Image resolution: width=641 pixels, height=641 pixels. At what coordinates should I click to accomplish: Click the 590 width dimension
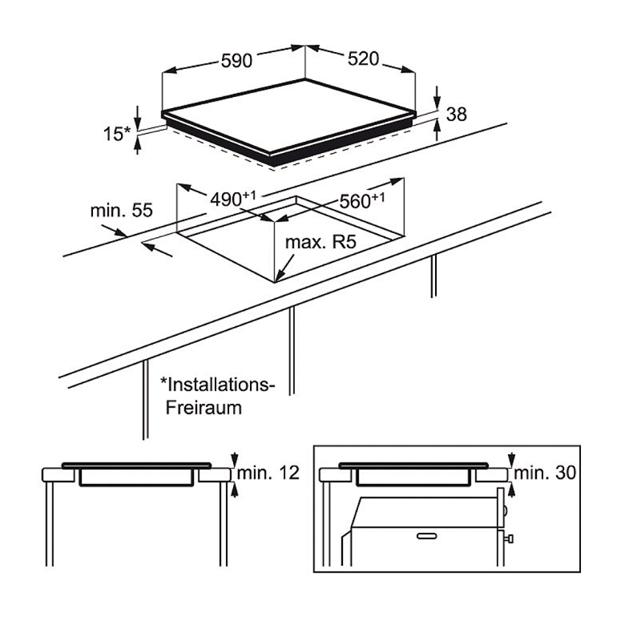click(236, 61)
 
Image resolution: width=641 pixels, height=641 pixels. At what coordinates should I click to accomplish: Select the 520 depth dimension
click(364, 58)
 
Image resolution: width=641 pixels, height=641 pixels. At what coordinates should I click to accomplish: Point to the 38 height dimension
click(456, 114)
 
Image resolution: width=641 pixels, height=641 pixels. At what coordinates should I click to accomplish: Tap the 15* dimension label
click(116, 134)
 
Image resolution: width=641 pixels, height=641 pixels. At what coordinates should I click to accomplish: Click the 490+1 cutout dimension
click(233, 199)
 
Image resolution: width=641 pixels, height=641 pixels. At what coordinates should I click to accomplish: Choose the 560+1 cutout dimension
click(362, 201)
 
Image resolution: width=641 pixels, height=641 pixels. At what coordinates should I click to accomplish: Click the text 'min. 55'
click(122, 210)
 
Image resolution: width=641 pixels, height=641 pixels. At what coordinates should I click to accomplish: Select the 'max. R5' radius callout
click(320, 242)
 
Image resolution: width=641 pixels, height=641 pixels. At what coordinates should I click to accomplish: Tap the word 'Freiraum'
click(204, 408)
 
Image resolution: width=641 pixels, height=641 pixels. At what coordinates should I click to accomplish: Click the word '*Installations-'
click(217, 385)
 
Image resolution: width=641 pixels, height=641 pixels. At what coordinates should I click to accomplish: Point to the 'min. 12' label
click(268, 473)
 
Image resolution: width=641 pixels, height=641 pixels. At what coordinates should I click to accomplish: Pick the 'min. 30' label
click(545, 473)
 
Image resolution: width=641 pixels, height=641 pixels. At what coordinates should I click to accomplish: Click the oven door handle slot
click(427, 536)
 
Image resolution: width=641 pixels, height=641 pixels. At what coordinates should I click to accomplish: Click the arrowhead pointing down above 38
click(437, 97)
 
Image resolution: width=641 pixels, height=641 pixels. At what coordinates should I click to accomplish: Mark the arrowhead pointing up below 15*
click(138, 144)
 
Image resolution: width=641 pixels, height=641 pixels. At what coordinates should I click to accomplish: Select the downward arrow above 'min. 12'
click(234, 460)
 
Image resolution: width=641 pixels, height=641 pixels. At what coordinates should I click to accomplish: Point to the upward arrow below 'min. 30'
click(511, 490)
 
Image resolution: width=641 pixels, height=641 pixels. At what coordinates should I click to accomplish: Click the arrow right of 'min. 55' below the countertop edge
click(157, 250)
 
